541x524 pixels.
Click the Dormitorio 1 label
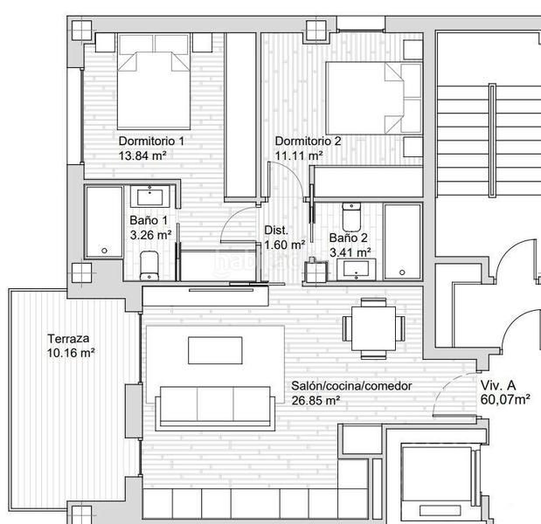coord(151,141)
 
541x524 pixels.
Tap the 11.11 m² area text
coord(299,155)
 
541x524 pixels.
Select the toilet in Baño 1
coord(149,265)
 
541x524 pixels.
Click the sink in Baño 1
coord(149,196)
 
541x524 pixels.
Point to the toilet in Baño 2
coord(351,217)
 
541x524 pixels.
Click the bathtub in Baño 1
coord(104,222)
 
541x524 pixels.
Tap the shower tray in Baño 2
coord(403,242)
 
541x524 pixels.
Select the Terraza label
coord(68,339)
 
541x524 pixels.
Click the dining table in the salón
coord(374,328)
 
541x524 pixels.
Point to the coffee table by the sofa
coord(215,350)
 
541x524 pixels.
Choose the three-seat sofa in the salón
coord(215,409)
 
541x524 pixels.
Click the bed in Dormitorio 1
coord(154,81)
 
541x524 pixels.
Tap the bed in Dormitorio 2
coord(374,98)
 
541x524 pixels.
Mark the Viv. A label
coord(498,385)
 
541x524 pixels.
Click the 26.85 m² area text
coord(316,401)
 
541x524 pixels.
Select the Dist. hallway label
coord(276,231)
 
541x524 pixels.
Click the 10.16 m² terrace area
coord(71,353)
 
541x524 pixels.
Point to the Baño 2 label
coord(348,238)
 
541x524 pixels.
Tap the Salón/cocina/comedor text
coord(351,386)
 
